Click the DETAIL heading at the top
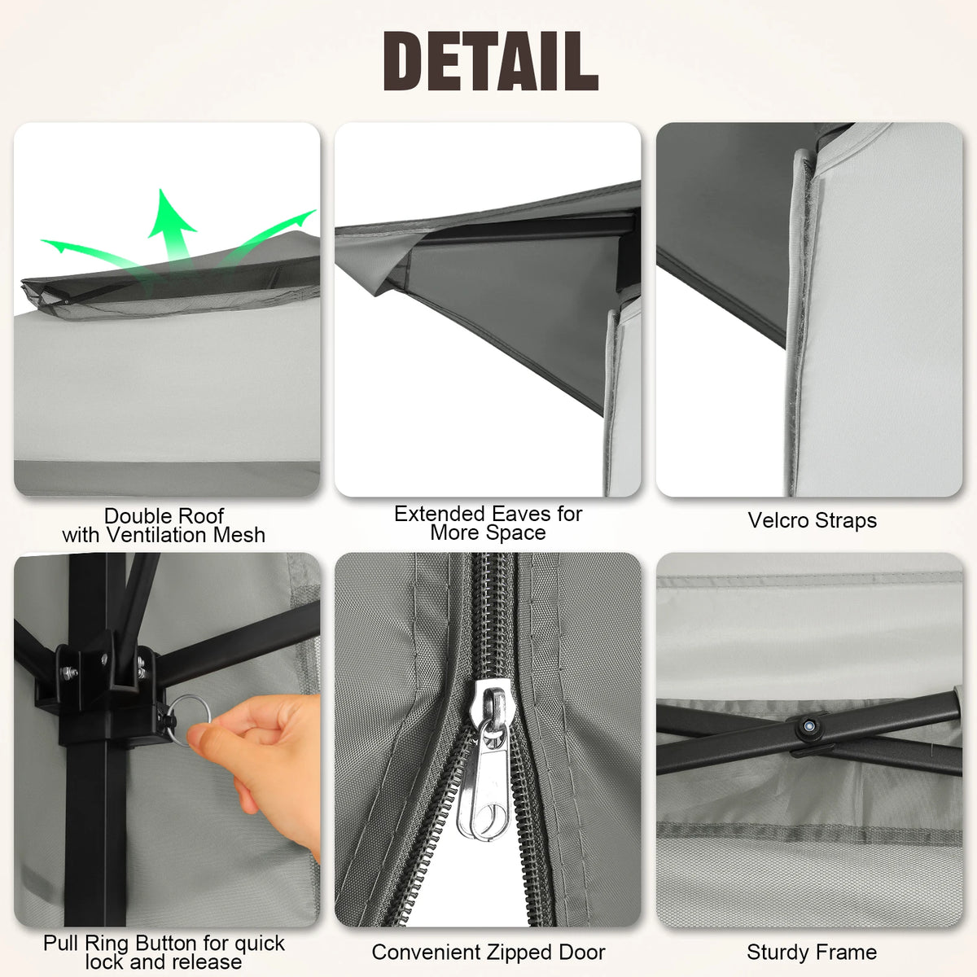point(490,61)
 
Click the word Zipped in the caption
point(520,952)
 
